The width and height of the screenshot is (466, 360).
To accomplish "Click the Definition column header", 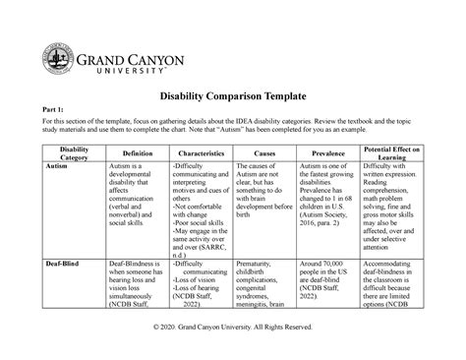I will click(137, 155).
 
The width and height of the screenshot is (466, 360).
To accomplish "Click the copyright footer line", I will click(232, 326).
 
